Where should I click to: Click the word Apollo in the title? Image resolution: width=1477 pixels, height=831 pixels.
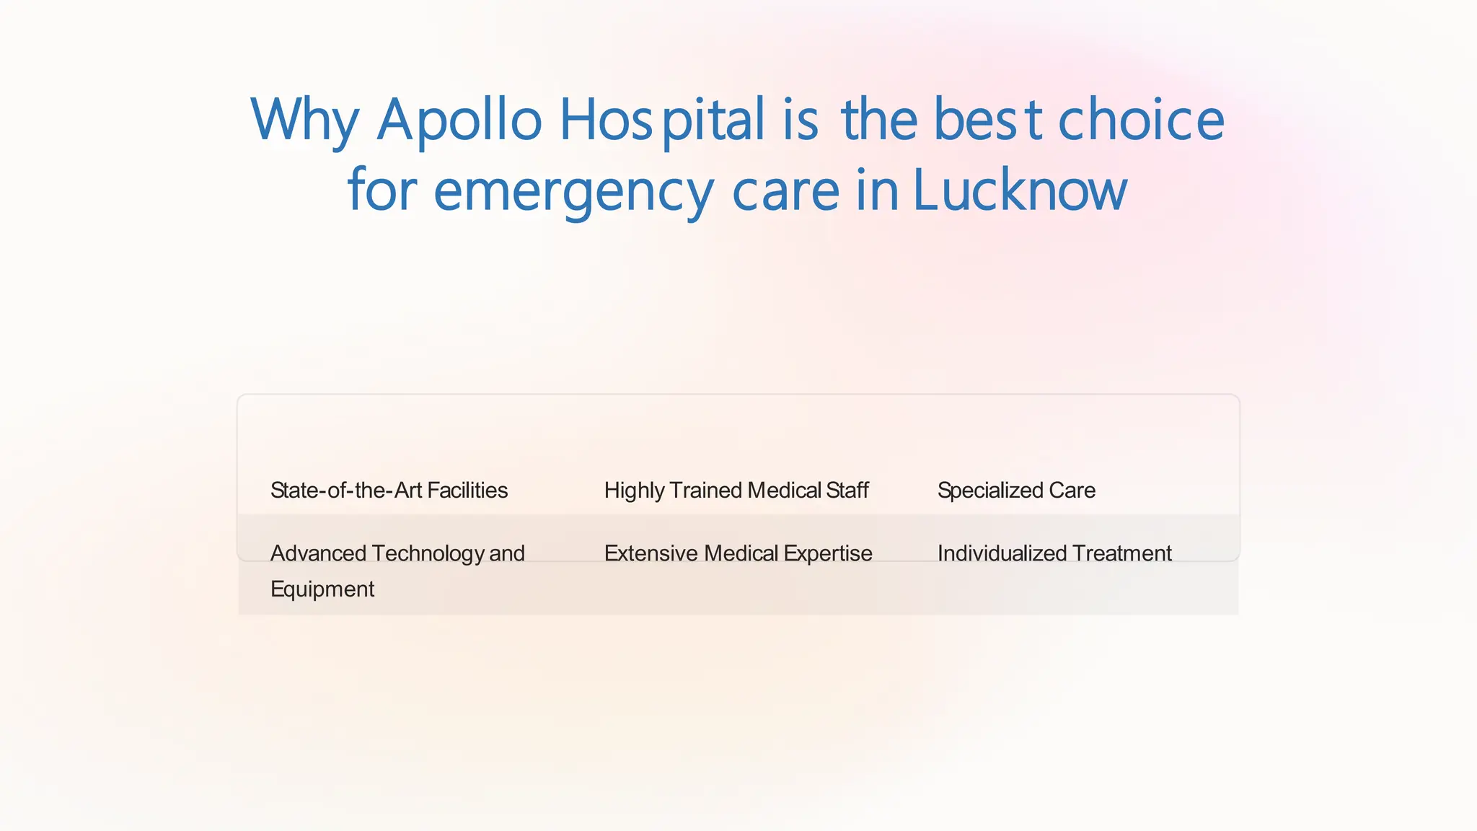(x=459, y=120)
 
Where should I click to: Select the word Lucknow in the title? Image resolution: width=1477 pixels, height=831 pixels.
(x=1020, y=190)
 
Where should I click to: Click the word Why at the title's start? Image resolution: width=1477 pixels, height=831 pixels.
(x=304, y=120)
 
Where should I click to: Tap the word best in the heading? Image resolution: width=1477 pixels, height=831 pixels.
(x=988, y=120)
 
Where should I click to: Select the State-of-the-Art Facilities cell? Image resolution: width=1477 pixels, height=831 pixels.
(x=389, y=491)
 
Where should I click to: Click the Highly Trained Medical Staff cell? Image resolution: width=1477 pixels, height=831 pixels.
(x=736, y=491)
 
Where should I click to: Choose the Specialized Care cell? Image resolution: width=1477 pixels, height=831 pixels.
(x=1016, y=491)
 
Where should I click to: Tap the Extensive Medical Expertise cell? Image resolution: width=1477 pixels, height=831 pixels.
(x=738, y=553)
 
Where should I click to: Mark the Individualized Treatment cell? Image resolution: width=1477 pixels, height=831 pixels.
(x=1054, y=553)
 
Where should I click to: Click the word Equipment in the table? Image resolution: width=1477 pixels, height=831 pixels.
(x=322, y=589)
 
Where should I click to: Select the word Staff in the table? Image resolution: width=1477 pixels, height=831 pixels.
(x=847, y=491)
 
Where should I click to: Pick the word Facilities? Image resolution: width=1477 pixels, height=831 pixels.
(x=467, y=491)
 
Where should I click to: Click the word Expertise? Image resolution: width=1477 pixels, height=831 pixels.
(x=828, y=553)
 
